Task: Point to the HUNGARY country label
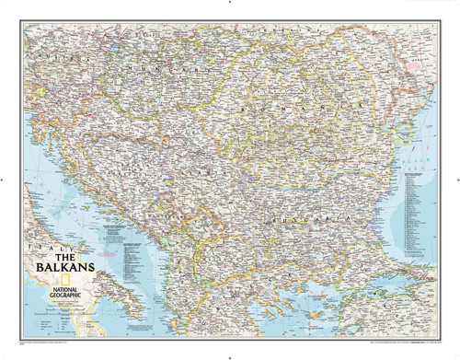156,70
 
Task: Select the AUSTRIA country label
51,55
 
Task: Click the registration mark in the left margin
5,180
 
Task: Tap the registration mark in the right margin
454,180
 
